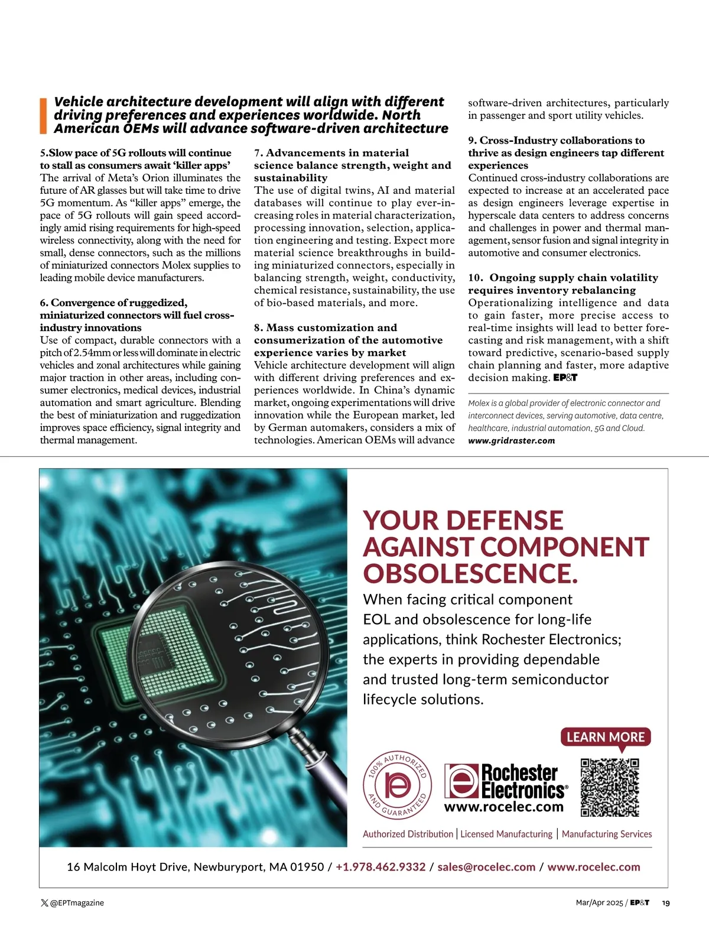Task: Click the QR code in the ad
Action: coord(610,787)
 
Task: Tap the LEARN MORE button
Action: coord(605,737)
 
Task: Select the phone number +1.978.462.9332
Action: coord(380,867)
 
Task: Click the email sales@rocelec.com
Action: coord(486,867)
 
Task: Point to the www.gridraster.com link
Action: coord(511,440)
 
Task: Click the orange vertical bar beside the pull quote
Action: coord(43,115)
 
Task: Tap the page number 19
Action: coord(666,903)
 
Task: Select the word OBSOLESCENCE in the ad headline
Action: coord(470,573)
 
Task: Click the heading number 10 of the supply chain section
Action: coord(474,278)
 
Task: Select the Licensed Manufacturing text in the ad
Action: coord(506,834)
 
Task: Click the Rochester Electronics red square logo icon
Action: coord(461,781)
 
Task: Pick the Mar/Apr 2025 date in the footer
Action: coord(599,903)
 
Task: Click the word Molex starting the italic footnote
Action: coord(480,403)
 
